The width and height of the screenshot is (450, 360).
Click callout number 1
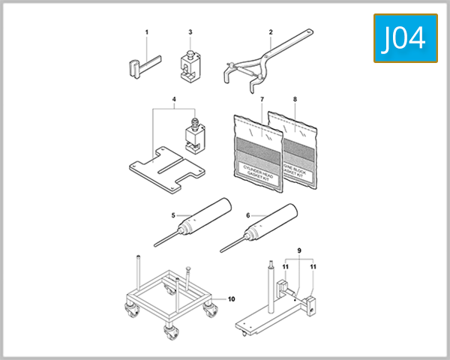coord(147,31)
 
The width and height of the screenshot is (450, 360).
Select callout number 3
coord(190,32)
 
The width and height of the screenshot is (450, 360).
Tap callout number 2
coord(271,31)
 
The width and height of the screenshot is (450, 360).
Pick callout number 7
coord(262,99)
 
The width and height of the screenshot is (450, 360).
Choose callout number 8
coord(295,99)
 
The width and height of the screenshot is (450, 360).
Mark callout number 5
coord(173,215)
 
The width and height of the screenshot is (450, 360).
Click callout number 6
coord(247,215)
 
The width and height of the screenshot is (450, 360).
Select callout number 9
coord(298,250)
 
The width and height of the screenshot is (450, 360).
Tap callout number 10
coord(231,298)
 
